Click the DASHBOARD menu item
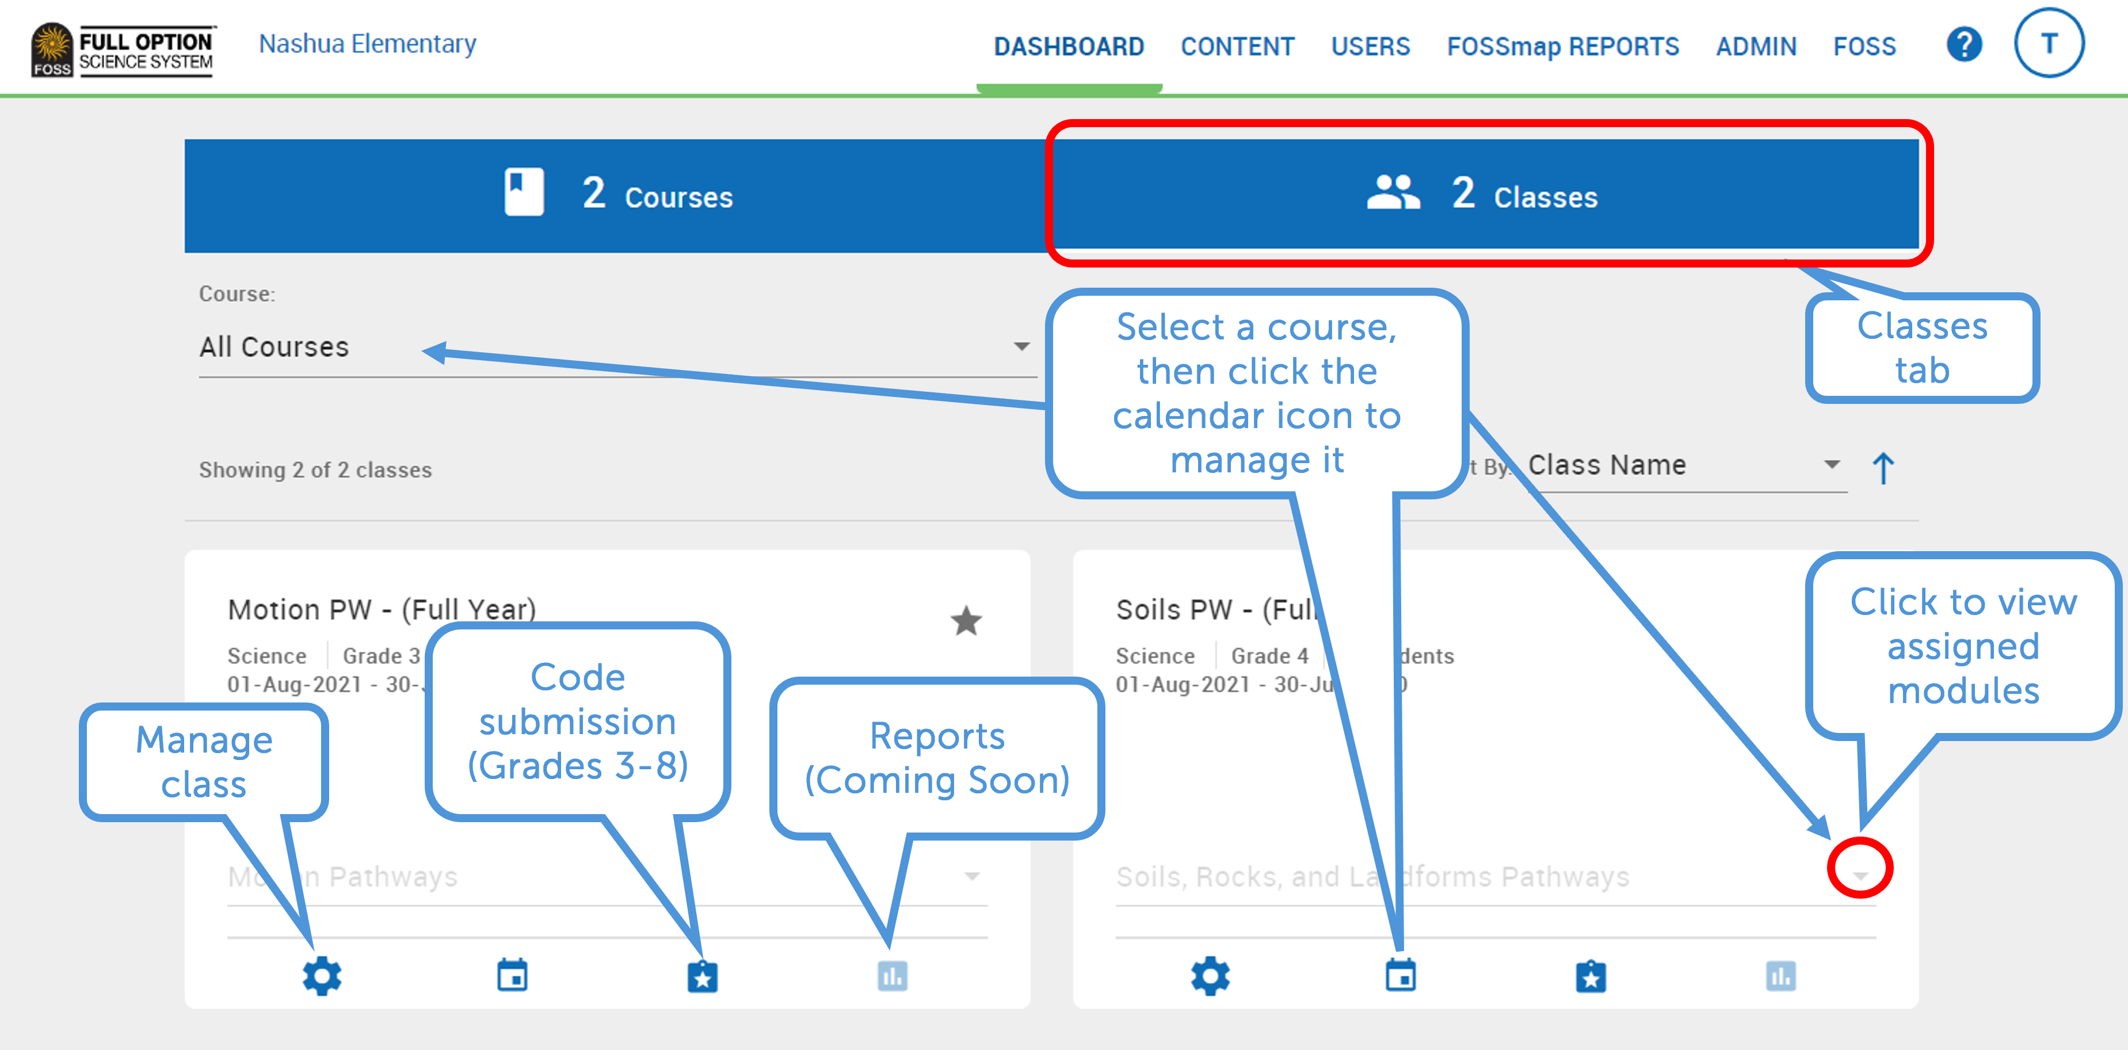[x=1068, y=46]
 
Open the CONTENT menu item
[x=1237, y=46]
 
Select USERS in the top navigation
[x=1370, y=46]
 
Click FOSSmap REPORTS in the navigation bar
[x=1562, y=46]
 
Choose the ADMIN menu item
[x=1756, y=46]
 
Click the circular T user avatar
[x=2048, y=43]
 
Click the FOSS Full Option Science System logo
[x=122, y=49]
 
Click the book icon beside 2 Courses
[x=524, y=193]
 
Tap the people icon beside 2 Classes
[x=1393, y=193]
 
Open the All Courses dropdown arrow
[x=1021, y=346]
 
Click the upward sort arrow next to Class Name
[x=1883, y=468]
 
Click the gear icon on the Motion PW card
[x=321, y=976]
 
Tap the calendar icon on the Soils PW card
[x=1400, y=976]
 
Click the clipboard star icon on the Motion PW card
[x=702, y=976]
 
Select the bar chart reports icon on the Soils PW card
[x=1780, y=976]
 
